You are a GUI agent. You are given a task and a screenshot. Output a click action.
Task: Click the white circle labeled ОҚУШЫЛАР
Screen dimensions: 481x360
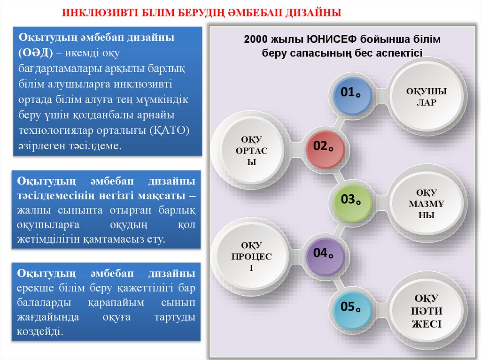(x=427, y=96)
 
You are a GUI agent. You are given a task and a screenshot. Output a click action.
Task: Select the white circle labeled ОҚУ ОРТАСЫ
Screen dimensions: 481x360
(x=252, y=150)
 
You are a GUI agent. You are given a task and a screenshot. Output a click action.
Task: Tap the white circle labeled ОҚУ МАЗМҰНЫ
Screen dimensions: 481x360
(x=427, y=204)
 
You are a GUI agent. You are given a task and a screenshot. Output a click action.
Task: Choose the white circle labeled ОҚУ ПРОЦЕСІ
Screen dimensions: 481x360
(x=252, y=256)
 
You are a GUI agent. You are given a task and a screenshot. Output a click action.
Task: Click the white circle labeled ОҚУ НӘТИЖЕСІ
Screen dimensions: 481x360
(x=427, y=311)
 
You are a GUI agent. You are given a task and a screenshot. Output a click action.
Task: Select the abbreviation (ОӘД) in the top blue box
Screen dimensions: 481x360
(x=36, y=53)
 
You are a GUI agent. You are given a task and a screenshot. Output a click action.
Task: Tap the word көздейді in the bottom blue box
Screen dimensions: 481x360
(x=40, y=331)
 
